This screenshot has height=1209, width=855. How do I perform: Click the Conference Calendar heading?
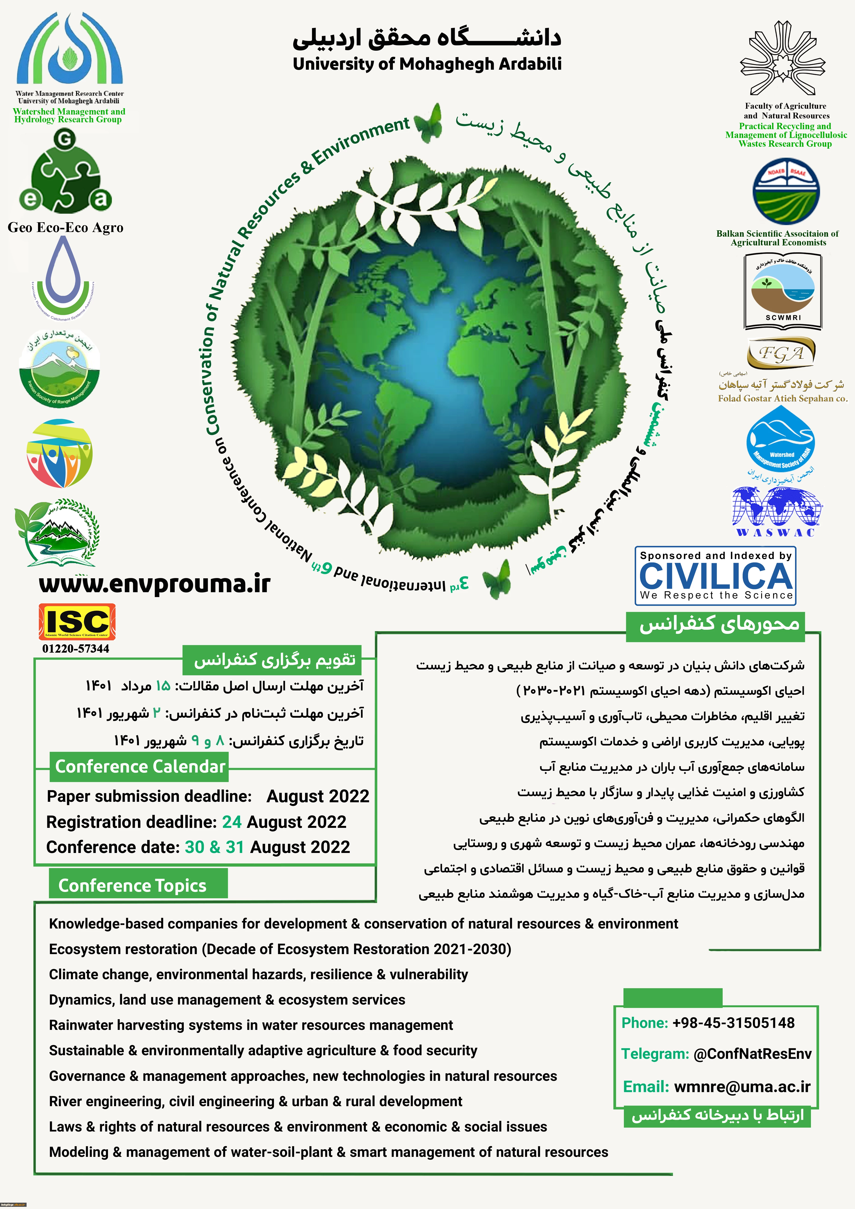(x=140, y=767)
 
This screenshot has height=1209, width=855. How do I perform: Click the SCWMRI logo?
(x=783, y=291)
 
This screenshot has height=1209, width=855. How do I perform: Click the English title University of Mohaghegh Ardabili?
(x=427, y=64)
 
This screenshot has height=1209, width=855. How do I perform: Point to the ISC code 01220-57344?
(x=76, y=649)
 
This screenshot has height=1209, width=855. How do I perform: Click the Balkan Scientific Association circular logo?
(x=786, y=192)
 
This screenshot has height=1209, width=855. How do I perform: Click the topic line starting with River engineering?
(x=255, y=1102)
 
